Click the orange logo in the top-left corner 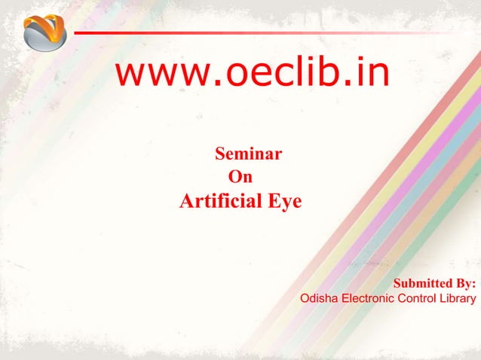(44, 31)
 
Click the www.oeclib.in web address (253, 74)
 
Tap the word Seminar (249, 156)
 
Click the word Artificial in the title (218, 202)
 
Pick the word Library (460, 299)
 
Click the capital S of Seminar (221, 156)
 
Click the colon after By (473, 285)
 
